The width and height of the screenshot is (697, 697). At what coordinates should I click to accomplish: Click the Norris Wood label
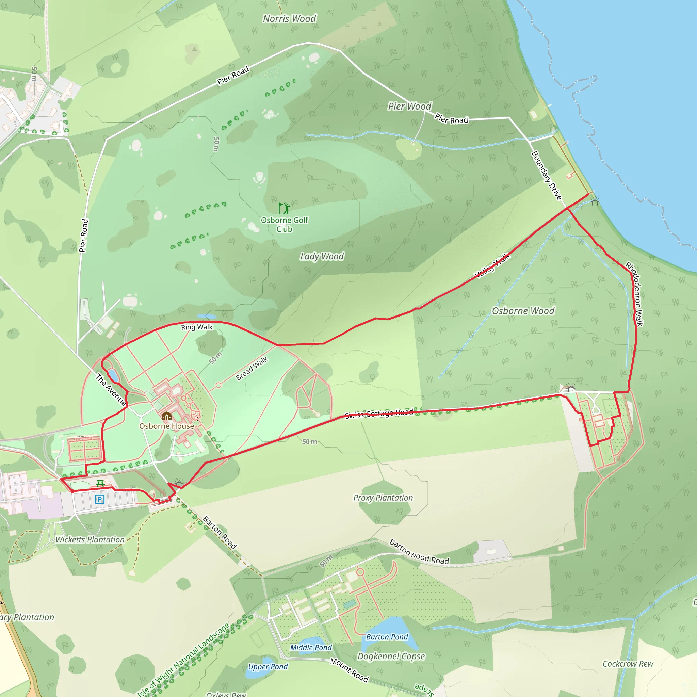click(289, 19)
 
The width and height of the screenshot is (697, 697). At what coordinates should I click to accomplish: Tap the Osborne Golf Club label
click(284, 224)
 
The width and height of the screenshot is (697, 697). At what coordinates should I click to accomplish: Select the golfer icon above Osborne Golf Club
click(284, 208)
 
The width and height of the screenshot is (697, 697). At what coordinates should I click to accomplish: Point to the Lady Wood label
click(322, 257)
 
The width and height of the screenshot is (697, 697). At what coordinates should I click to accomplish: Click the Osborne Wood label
click(523, 311)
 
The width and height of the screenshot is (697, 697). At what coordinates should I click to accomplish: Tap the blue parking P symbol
click(100, 499)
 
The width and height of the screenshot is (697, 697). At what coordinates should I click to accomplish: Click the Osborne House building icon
click(167, 416)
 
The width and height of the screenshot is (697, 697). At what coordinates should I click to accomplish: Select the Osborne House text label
click(167, 426)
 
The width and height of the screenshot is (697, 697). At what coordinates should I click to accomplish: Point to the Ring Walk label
click(197, 327)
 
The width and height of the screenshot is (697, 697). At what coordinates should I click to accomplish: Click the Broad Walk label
click(252, 369)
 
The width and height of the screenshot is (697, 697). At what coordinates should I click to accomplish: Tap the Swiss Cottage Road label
click(379, 414)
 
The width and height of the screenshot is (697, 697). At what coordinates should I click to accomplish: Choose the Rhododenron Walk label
click(635, 294)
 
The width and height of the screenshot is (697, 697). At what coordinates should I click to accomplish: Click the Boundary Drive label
click(547, 176)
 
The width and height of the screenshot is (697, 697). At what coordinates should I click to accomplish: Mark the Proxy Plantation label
click(383, 498)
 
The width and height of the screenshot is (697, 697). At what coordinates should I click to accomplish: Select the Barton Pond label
click(387, 637)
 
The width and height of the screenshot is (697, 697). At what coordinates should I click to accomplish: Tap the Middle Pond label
click(311, 648)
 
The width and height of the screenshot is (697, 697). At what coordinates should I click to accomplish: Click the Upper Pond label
click(268, 667)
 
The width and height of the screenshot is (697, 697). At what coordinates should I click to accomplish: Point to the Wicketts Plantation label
click(90, 540)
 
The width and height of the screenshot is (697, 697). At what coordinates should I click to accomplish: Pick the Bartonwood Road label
click(419, 552)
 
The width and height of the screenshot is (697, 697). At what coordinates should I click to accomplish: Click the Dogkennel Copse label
click(391, 656)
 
